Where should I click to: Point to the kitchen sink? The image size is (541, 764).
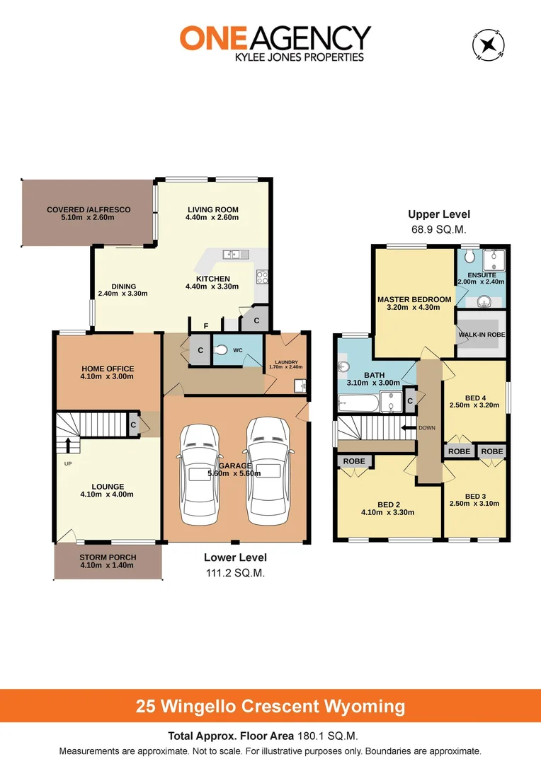tap(232, 254)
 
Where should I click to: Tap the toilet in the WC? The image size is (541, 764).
tap(221, 349)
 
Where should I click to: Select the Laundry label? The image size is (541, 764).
tap(286, 363)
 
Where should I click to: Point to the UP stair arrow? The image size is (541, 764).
tap(68, 445)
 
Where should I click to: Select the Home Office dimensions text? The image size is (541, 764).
tap(108, 377)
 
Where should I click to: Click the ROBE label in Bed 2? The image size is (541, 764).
tap(355, 461)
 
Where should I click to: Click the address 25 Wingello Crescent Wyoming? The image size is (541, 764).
tap(270, 706)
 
